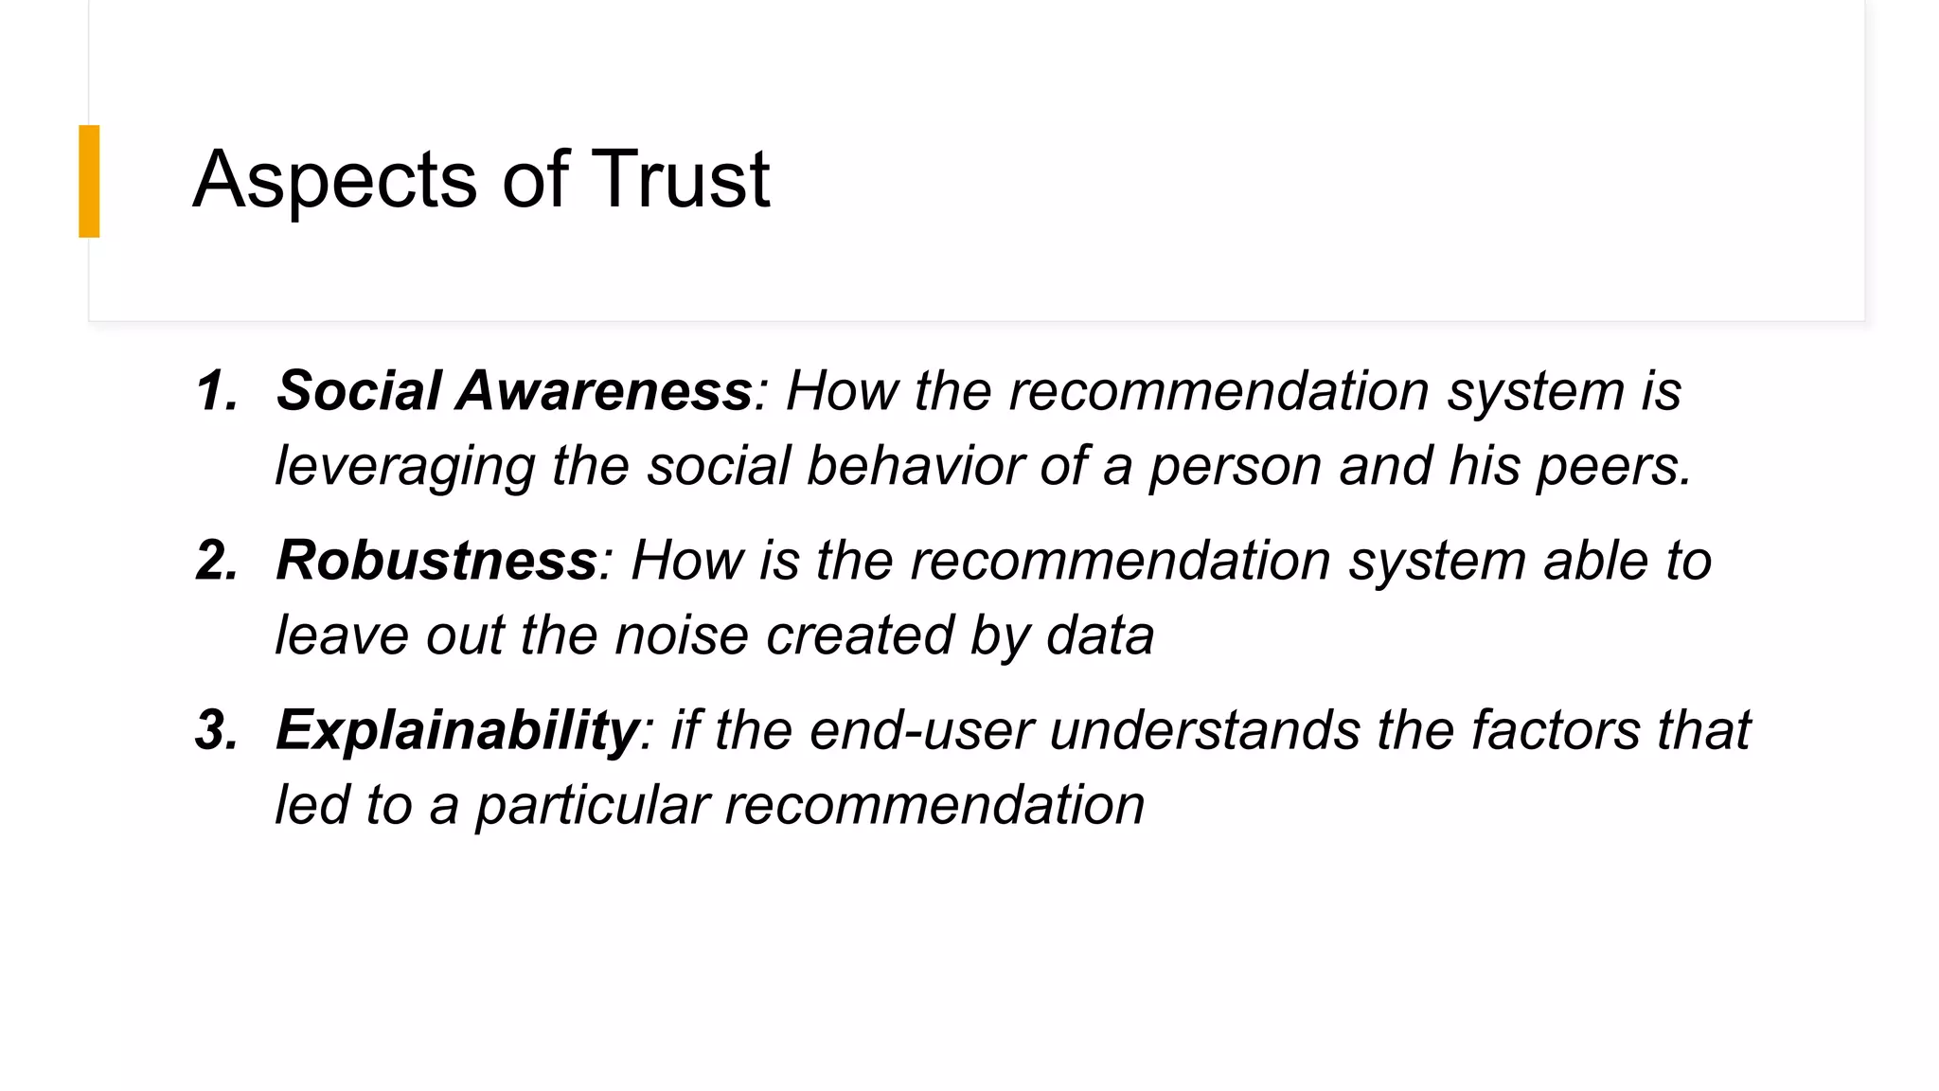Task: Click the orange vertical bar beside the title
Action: [x=89, y=181]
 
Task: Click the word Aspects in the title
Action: [x=334, y=180]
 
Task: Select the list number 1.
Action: [x=217, y=390]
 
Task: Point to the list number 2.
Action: [x=217, y=560]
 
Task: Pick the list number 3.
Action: [x=217, y=730]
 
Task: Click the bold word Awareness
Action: [x=604, y=390]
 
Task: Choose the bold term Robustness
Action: [x=436, y=560]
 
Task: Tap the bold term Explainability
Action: [x=457, y=731]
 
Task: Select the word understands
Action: [x=1204, y=731]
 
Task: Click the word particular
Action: [x=592, y=806]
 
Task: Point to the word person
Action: [x=1235, y=467]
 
